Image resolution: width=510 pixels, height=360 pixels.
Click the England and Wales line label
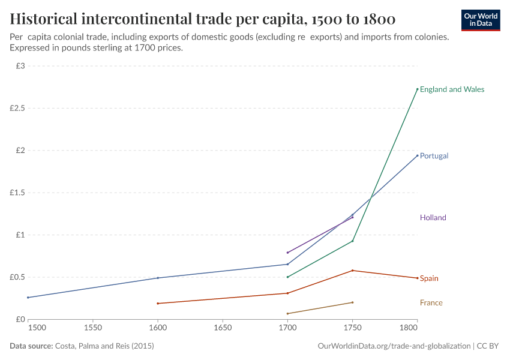(452, 89)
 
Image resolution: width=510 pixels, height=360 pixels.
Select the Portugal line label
(434, 156)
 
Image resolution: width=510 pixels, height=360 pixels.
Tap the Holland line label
(433, 218)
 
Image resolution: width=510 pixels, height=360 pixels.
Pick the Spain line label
(429, 278)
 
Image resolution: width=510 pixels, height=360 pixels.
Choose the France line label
(431, 303)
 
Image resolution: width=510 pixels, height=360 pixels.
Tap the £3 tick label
(20, 66)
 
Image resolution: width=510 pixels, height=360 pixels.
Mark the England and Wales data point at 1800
(417, 89)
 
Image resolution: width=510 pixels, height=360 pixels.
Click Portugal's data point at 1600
(158, 278)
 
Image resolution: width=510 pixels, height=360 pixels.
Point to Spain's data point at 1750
(352, 271)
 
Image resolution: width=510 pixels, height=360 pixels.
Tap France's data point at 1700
(287, 314)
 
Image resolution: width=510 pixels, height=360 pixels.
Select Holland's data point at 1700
(287, 253)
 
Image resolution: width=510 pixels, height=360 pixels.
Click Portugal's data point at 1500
(28, 298)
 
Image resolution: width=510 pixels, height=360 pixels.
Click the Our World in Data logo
(481, 19)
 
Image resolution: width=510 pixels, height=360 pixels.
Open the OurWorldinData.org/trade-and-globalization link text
(392, 346)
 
